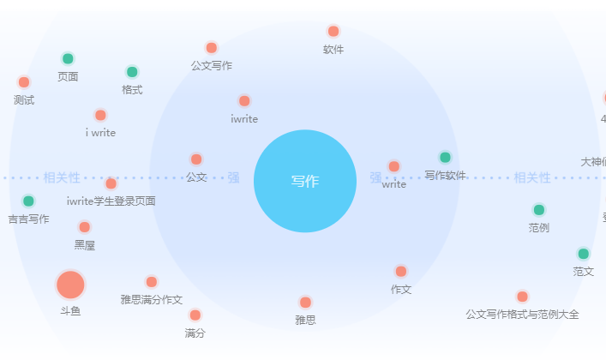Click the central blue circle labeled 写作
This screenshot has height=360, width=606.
(305, 181)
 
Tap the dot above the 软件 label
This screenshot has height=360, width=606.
(333, 32)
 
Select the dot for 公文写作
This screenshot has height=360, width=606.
(212, 48)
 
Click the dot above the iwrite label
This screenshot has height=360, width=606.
(244, 101)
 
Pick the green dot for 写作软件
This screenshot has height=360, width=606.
(445, 158)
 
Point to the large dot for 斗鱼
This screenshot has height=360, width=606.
(70, 285)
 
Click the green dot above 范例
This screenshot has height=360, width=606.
(539, 210)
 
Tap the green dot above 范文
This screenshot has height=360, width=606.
(584, 254)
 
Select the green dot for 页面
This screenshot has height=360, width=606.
(68, 59)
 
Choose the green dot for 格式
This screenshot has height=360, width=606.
(132, 72)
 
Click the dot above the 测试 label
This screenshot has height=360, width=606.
(24, 82)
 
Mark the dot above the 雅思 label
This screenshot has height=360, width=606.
(305, 303)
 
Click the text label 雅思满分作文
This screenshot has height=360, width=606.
(152, 300)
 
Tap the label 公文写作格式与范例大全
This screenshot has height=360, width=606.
(522, 315)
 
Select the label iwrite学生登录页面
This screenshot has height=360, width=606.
(111, 201)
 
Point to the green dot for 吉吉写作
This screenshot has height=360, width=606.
(28, 201)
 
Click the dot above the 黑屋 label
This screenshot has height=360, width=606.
(84, 227)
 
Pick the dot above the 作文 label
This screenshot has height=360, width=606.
(401, 272)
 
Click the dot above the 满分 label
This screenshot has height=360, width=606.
(195, 315)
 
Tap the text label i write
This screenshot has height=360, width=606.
(100, 133)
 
